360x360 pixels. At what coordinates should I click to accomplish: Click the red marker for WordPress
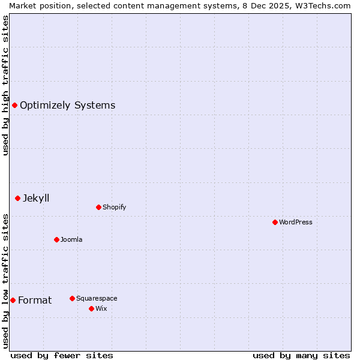[275, 222]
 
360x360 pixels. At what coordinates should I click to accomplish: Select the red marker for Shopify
[98, 207]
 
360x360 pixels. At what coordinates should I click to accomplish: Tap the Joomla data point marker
[56, 239]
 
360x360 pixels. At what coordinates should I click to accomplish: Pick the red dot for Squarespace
[72, 298]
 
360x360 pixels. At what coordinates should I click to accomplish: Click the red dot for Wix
[91, 308]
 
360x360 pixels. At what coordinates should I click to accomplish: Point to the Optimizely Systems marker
[14, 106]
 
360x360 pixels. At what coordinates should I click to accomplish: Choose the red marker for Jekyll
[17, 198]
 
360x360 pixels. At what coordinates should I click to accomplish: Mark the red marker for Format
[13, 300]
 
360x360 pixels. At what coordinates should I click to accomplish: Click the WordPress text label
[296, 222]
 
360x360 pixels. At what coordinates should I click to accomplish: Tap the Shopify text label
[114, 207]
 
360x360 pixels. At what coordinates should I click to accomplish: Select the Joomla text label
[71, 239]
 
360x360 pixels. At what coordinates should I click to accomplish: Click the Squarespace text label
[97, 298]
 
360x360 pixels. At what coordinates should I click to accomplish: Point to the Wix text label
[101, 308]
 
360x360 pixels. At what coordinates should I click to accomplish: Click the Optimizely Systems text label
[67, 106]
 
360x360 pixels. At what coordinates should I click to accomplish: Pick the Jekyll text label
[36, 198]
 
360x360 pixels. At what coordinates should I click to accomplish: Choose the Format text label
[35, 300]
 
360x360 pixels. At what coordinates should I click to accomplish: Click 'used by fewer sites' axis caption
[62, 355]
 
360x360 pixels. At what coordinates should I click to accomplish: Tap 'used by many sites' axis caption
[301, 355]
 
